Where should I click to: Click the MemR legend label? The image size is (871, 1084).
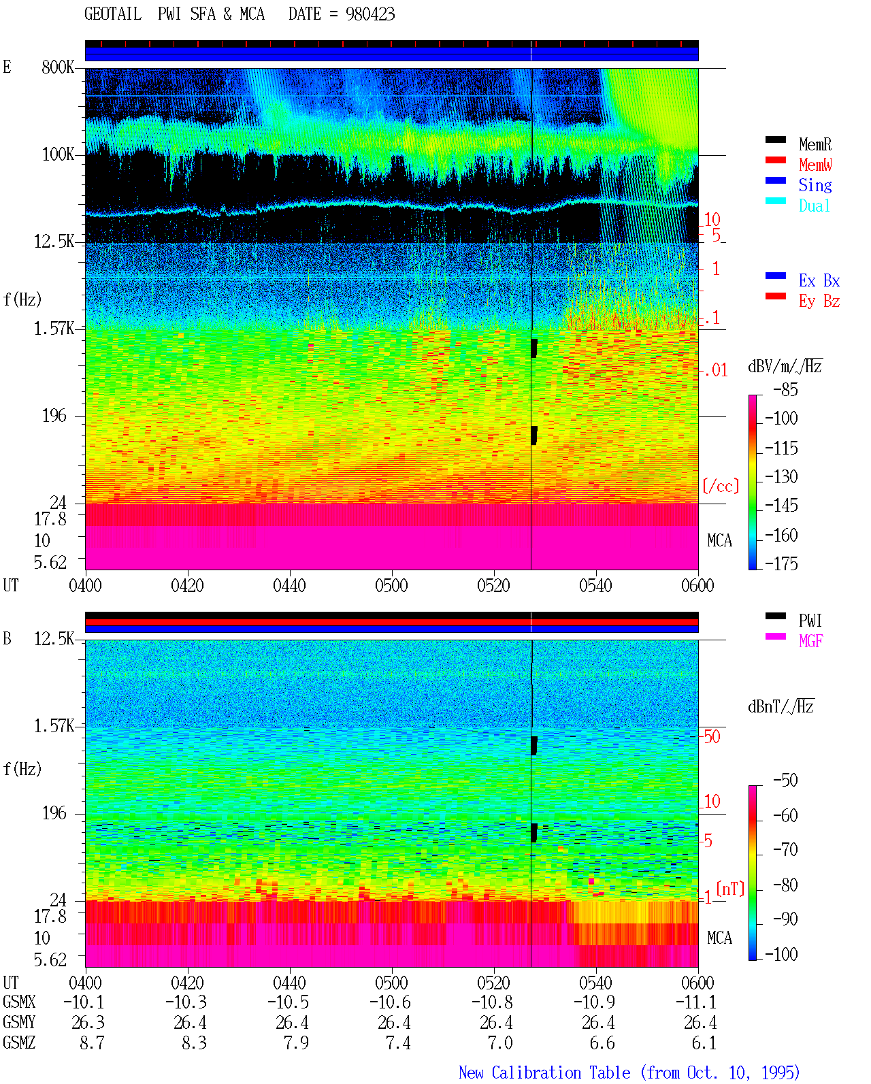point(815,144)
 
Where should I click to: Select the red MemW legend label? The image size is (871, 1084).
point(815,165)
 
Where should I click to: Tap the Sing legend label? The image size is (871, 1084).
point(815,185)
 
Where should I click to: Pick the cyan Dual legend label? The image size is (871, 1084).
point(814,206)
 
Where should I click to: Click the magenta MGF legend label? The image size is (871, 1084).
point(810,641)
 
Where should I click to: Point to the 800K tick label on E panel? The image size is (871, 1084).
point(58,67)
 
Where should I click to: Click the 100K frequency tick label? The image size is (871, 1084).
point(58,154)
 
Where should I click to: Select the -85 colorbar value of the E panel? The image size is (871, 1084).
point(785,389)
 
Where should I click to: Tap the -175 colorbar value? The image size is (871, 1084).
point(781,563)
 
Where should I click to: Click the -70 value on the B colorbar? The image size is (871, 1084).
point(785,850)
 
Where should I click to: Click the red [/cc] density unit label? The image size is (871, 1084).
point(721,486)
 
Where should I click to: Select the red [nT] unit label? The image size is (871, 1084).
point(730,889)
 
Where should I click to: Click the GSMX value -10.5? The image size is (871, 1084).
point(288,1002)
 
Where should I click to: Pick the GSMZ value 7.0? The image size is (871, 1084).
point(499,1042)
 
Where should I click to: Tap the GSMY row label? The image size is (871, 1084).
point(19,1022)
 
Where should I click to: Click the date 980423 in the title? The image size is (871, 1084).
point(370,14)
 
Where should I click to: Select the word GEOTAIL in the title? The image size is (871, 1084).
point(113,14)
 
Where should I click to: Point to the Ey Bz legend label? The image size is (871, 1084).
point(819,301)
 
